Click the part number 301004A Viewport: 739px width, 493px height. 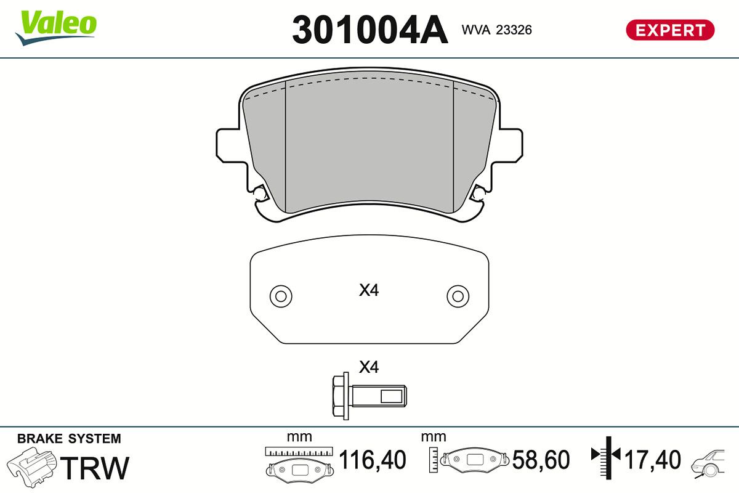pos(369,30)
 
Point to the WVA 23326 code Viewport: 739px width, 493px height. pos(496,30)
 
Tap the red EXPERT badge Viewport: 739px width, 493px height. pos(669,30)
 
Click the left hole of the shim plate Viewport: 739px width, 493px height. pos(281,296)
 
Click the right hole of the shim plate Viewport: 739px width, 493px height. pos(458,296)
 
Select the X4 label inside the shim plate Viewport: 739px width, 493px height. pos(368,290)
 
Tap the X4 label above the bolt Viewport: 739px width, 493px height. pos(368,367)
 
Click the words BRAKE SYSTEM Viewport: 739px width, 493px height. pos(69,439)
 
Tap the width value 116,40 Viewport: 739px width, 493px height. pos(373,460)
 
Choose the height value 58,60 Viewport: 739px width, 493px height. pos(541,460)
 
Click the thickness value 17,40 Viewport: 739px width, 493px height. pos(653,460)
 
